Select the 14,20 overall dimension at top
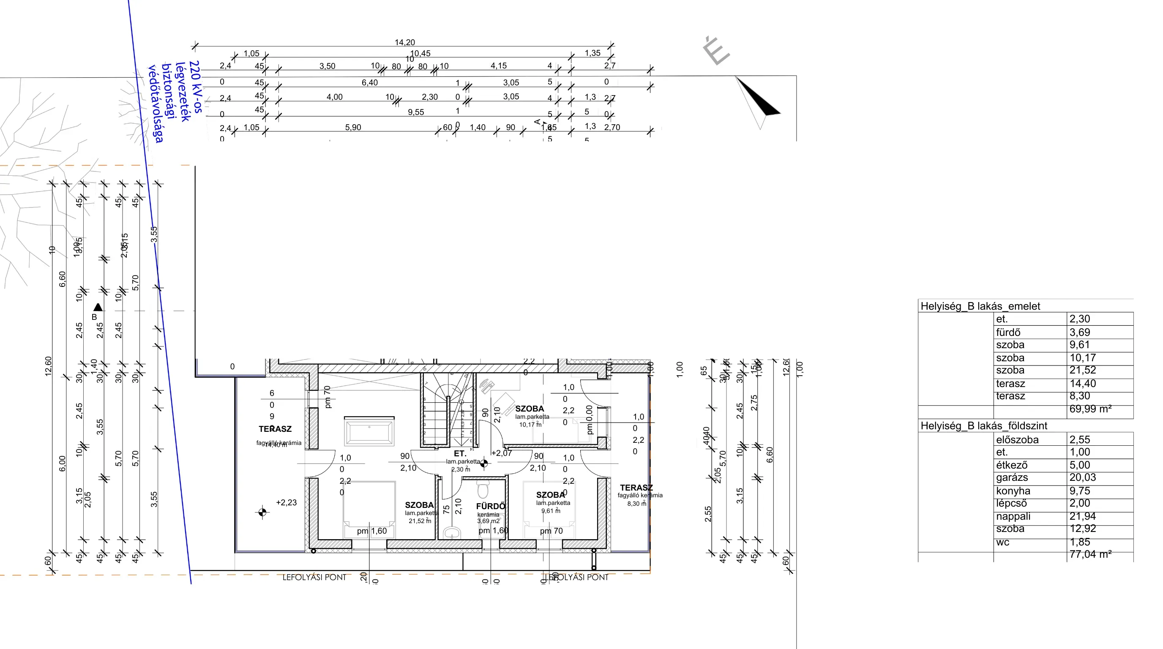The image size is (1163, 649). (x=404, y=42)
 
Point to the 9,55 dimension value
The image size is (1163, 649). (x=416, y=112)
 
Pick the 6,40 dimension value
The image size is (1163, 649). (x=369, y=82)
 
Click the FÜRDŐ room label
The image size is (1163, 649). (x=490, y=506)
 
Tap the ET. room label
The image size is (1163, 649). (x=460, y=453)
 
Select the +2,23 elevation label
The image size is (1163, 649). (x=286, y=502)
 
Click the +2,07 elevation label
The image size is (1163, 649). (x=502, y=453)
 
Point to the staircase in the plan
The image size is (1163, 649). (x=447, y=411)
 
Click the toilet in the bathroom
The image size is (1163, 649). (x=483, y=489)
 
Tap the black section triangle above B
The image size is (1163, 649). (x=98, y=307)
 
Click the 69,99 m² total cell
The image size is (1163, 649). (x=1090, y=409)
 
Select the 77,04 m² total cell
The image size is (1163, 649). (x=1090, y=554)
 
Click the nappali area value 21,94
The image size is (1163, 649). (x=1082, y=516)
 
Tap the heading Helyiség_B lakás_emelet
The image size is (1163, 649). (x=980, y=306)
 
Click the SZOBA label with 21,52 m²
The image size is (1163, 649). (x=419, y=505)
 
